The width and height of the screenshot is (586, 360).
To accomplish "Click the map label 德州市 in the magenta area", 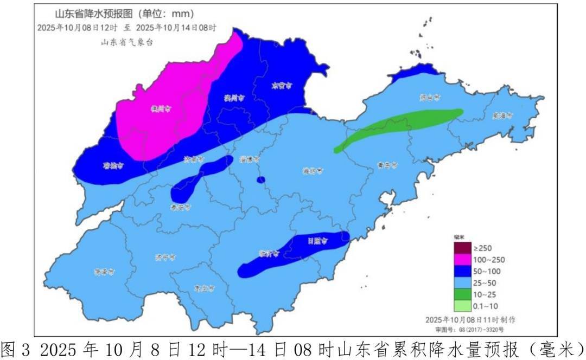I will click(161, 108).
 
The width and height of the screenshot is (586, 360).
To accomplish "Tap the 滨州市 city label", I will click(234, 98).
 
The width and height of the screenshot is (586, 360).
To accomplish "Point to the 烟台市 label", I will click(429, 98).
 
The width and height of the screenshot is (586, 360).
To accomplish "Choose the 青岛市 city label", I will click(387, 164).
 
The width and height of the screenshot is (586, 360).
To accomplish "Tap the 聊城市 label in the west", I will click(113, 166).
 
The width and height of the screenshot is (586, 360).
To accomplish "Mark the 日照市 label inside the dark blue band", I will click(317, 241).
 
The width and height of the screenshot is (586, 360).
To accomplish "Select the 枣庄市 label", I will click(204, 288).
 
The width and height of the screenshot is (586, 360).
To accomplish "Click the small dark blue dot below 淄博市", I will click(260, 179).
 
